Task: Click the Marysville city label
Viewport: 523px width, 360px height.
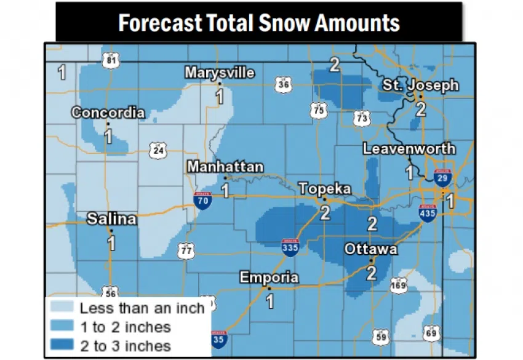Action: pos(220,73)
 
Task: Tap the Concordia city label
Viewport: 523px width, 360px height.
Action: pos(108,113)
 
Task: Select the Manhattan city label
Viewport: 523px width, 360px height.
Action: pos(225,167)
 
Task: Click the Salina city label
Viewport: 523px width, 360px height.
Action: pos(111,218)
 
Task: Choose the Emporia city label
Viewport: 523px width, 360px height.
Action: pos(269,277)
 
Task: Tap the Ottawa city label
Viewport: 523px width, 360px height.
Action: pos(371,249)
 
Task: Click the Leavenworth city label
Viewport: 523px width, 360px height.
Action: pos(409,148)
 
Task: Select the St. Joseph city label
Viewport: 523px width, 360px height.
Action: pos(421,85)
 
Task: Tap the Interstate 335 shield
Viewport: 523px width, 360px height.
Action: pos(290,247)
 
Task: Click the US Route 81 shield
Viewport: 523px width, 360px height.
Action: pos(111,59)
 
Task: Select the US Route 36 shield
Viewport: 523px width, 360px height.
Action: pos(282,84)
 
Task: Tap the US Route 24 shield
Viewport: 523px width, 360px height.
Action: pos(158,150)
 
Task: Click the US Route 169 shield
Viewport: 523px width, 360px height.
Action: pos(399,285)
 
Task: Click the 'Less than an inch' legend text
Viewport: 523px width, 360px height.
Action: pos(142,308)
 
